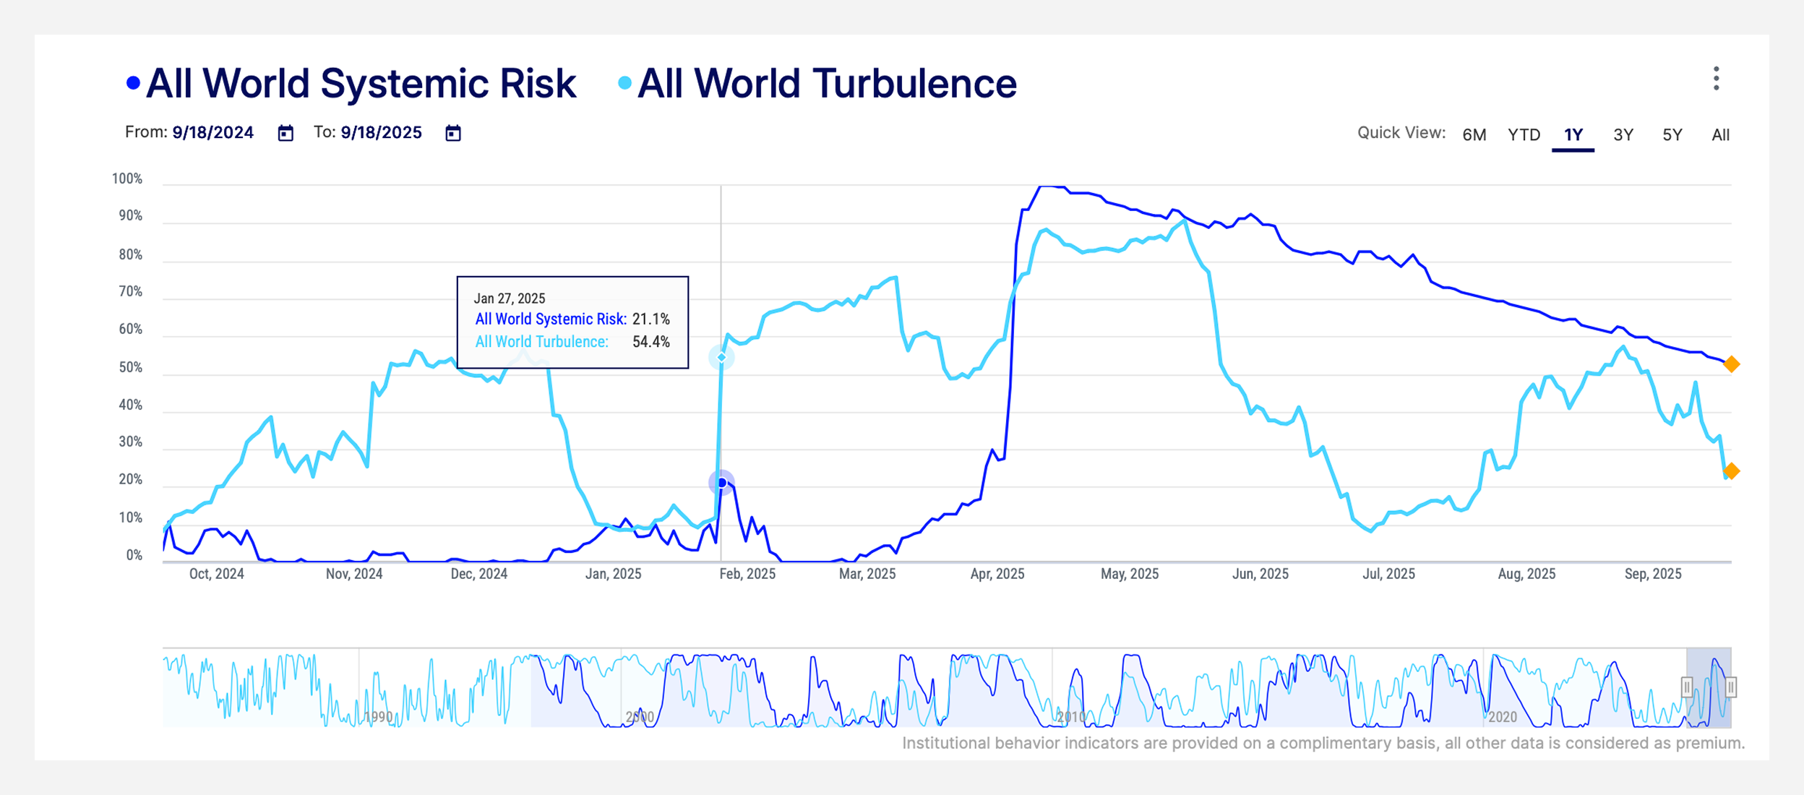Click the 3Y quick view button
(1623, 134)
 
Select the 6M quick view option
(1474, 134)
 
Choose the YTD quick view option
(1524, 134)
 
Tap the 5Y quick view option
(1672, 134)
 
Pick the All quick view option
(1720, 134)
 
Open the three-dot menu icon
(1716, 79)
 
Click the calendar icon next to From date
(285, 133)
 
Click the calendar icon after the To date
(453, 133)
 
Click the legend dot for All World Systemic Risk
(133, 83)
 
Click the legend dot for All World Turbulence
(624, 83)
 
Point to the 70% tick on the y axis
(130, 292)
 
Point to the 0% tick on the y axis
(134, 555)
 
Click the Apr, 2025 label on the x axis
(997, 574)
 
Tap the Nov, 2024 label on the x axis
(353, 574)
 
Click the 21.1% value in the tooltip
(650, 319)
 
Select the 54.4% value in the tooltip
(650, 342)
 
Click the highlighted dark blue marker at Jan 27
(721, 482)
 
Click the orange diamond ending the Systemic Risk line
(1731, 364)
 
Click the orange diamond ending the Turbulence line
(1731, 471)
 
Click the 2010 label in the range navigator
(1070, 717)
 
